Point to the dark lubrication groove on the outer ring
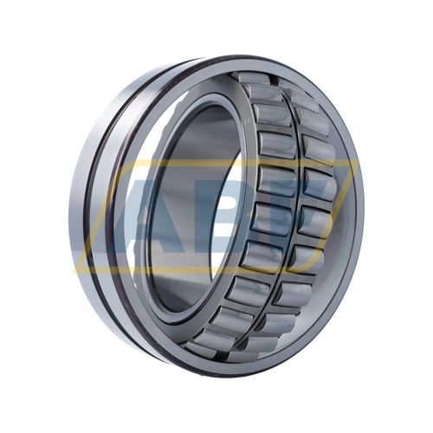point(113,216)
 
